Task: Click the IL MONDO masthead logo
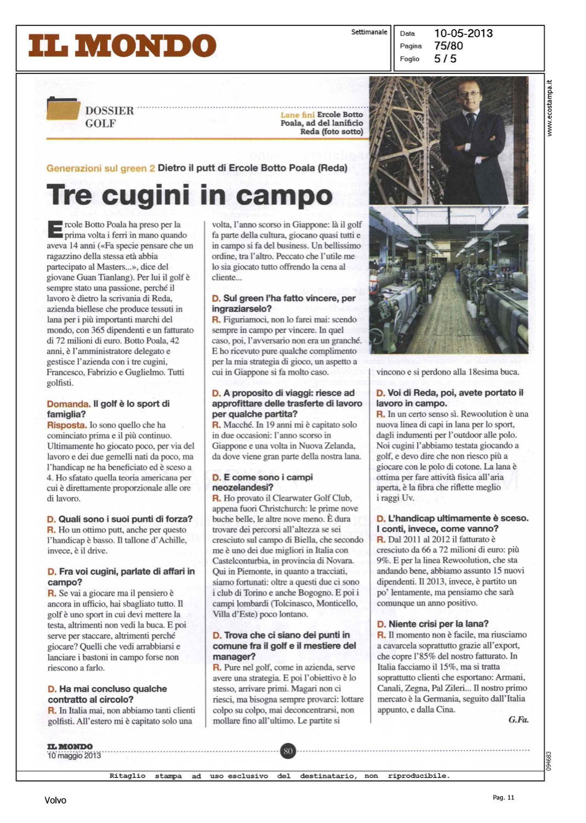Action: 122,46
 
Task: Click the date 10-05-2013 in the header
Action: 463,33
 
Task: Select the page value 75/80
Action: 448,46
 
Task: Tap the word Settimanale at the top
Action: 369,32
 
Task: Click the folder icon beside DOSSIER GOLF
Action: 63,108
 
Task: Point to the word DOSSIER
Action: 109,110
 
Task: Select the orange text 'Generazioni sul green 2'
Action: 100,168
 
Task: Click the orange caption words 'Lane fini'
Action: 297,115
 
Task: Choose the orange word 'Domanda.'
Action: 69,404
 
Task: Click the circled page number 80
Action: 288,751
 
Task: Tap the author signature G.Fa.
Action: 518,719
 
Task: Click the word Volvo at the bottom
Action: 55,801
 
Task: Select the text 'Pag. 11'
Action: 503,798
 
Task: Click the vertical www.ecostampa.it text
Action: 550,108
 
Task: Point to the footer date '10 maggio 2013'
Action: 74,756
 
